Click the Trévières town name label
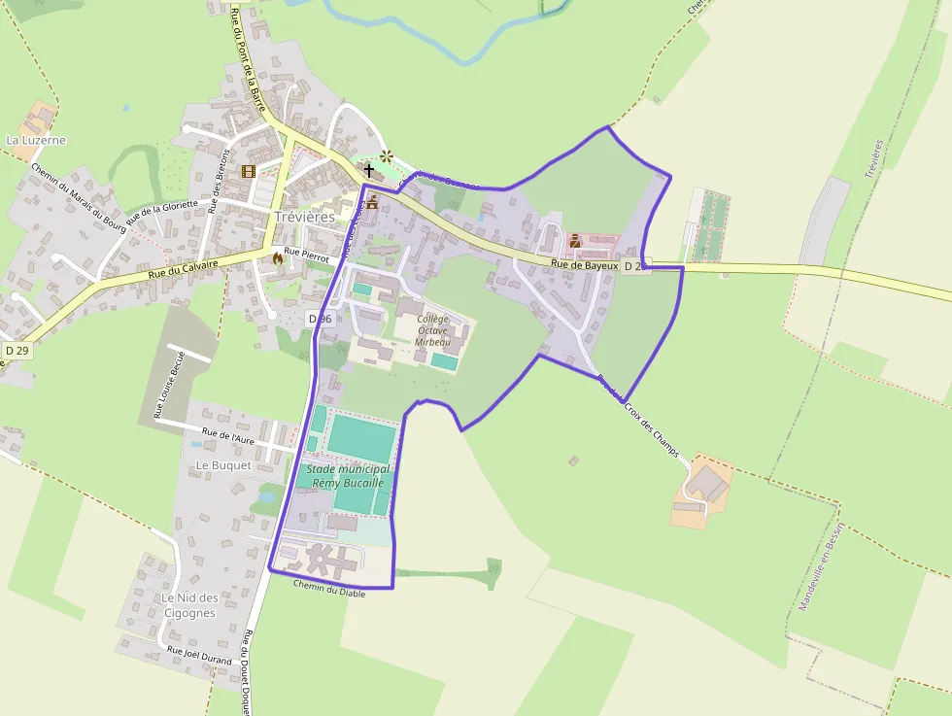coord(304,217)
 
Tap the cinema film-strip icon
coord(248,172)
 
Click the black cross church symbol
coord(369,170)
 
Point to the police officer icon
coord(574,240)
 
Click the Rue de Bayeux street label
coord(584,264)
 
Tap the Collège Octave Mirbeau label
coord(432,330)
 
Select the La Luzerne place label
coord(36,140)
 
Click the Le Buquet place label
coord(223,465)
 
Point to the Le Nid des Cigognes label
coord(189,605)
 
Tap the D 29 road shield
coord(16,350)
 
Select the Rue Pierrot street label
coord(307,254)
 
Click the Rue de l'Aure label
coord(228,439)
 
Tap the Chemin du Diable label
coord(329,591)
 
